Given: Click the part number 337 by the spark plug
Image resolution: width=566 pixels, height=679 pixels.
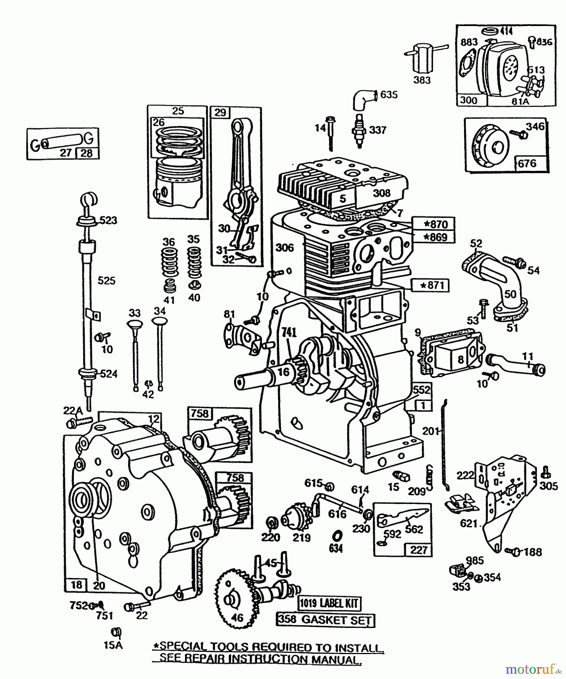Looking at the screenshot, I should pos(377,130).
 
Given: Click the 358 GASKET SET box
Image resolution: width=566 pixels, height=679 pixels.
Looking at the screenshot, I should pos(325,620).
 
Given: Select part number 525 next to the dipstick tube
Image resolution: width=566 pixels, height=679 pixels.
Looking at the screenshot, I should pos(106,281).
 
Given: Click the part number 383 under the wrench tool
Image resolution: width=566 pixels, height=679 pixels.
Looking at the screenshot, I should pos(422,80).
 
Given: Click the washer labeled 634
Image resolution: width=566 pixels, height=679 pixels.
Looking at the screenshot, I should pos(336,536).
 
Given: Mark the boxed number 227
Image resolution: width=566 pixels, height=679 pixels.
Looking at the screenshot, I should pos(418,550).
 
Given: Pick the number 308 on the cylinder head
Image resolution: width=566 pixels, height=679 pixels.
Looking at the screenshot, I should pos(381,193).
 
